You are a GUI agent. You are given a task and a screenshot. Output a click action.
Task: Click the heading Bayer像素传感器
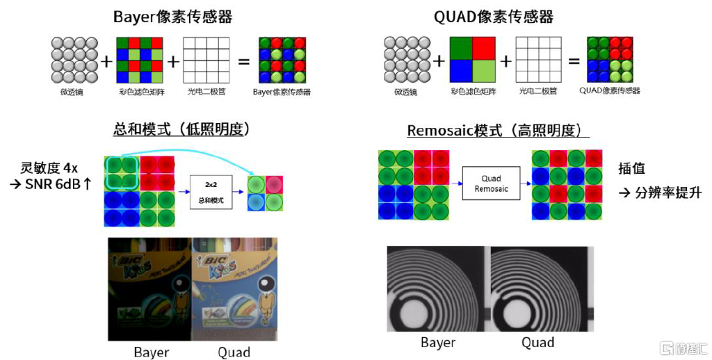click(x=172, y=17)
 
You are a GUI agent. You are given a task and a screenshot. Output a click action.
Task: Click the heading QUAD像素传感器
click(x=494, y=17)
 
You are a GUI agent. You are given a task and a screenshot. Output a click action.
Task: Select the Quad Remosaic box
click(x=492, y=183)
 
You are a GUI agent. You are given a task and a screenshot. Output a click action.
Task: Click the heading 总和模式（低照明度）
click(x=181, y=130)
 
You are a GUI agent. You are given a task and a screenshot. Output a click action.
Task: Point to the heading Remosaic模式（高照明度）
click(x=498, y=131)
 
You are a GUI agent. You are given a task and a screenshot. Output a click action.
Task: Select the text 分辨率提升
click(x=668, y=193)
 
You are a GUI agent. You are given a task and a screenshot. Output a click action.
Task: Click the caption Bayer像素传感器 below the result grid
click(x=281, y=92)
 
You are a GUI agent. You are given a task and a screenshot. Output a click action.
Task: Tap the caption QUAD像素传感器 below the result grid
click(x=609, y=91)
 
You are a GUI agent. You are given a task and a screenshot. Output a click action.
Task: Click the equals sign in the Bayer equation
click(x=243, y=62)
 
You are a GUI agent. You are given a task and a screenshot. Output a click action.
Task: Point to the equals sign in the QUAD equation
click(x=574, y=61)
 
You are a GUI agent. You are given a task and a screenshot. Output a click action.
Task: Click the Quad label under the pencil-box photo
click(x=234, y=352)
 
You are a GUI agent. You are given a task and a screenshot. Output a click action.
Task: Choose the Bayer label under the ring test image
click(x=438, y=342)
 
